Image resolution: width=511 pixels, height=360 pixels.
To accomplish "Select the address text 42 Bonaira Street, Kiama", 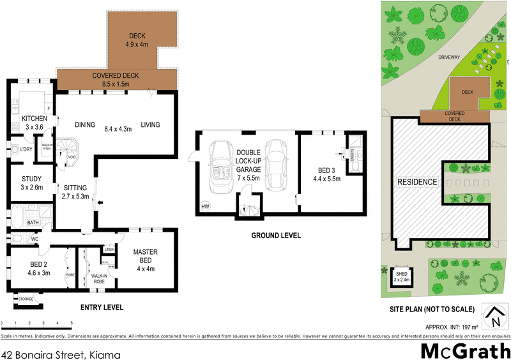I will tap(61, 352).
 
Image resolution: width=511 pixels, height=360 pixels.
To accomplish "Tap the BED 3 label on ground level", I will tap(326, 170).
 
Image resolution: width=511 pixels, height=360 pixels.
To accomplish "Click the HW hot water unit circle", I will tap(205, 206).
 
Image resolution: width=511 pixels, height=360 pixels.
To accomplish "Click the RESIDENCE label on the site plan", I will tap(418, 182).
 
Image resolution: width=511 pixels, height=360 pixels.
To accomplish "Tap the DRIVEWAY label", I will tap(449, 57).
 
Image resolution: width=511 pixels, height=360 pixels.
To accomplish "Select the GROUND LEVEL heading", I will tap(277, 236).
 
